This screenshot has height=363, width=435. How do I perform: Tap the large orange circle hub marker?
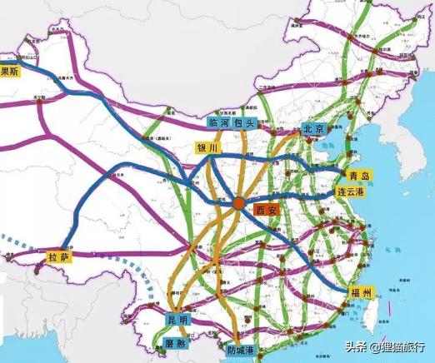(x=239, y=202)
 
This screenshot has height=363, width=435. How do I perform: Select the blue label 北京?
(x=312, y=130)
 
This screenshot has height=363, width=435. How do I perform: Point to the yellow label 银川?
(x=207, y=147)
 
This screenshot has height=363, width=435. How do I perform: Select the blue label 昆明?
(x=178, y=319)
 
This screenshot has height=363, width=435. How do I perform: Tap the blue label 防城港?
(x=242, y=351)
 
